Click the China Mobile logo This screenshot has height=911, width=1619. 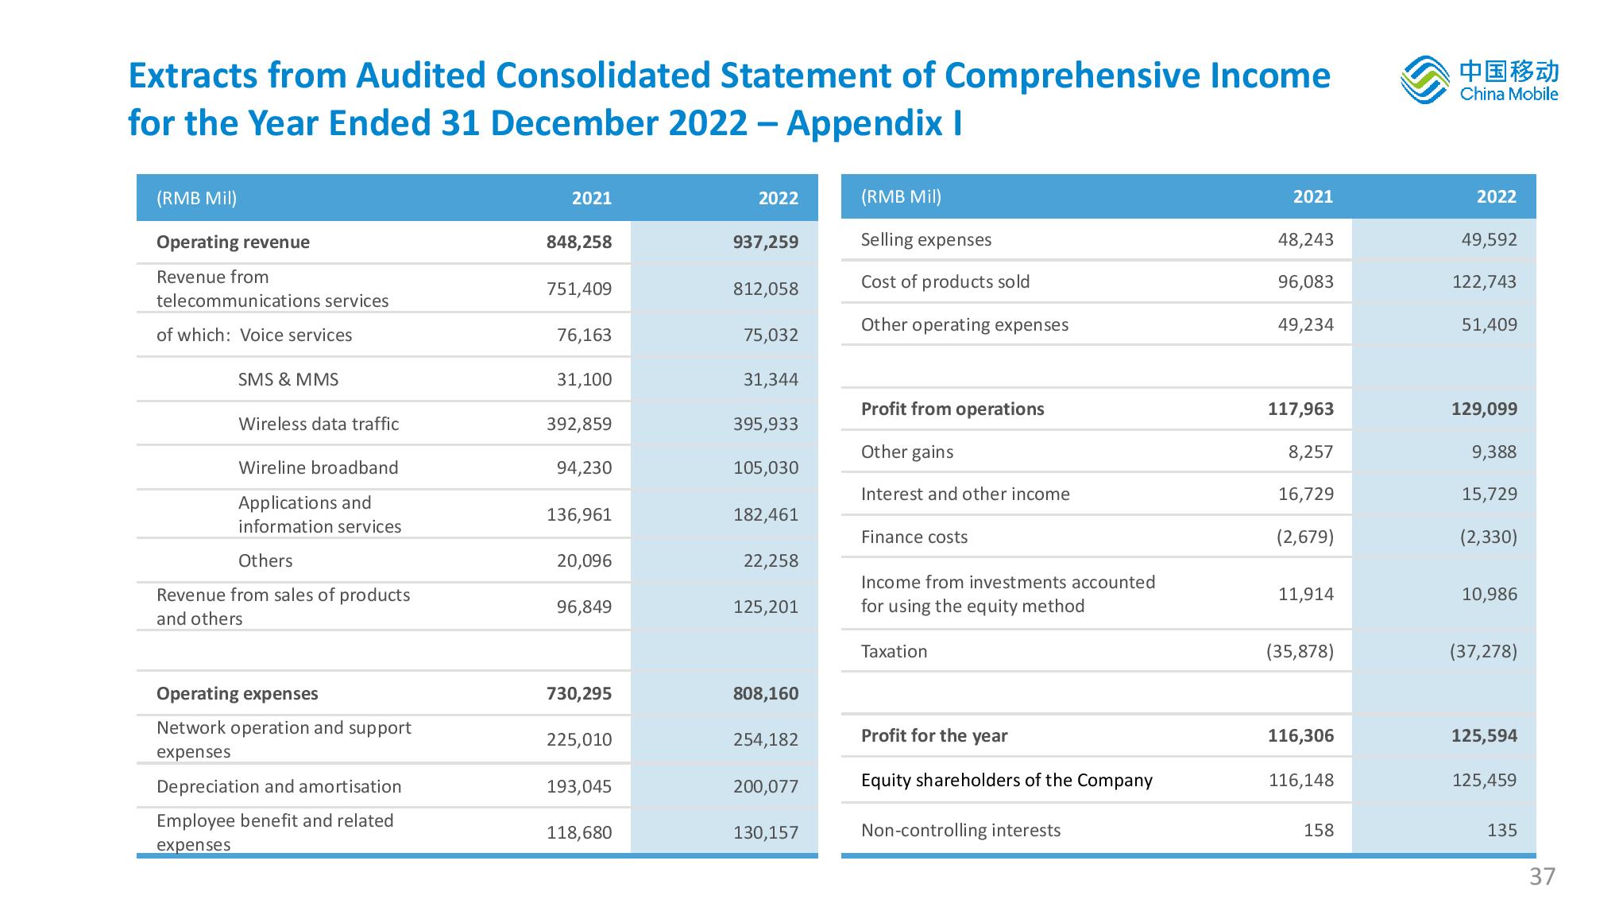pos(1479,79)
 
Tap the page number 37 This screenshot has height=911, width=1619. pos(1542,877)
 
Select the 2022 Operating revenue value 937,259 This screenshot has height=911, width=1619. pos(766,242)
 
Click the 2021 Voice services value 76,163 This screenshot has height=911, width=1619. pos(584,335)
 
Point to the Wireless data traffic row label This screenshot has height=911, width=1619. pos(319,424)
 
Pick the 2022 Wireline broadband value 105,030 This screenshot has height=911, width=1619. pos(766,467)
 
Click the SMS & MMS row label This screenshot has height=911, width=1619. pos(288,379)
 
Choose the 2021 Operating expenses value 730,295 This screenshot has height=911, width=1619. pos(579,693)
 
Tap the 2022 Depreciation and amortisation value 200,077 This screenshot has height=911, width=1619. pos(766,786)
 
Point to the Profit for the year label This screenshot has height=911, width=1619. pos(934,735)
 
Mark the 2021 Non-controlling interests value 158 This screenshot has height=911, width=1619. pos(1319,830)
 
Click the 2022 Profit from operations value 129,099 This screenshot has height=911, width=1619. pos(1484,409)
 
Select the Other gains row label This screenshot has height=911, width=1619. pos(907,452)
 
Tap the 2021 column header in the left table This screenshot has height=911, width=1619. pos(592,198)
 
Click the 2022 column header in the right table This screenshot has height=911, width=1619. pos(1497,196)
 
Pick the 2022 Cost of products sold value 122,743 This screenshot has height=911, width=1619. pos(1484,281)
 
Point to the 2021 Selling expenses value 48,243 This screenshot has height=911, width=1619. pos(1306,239)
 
